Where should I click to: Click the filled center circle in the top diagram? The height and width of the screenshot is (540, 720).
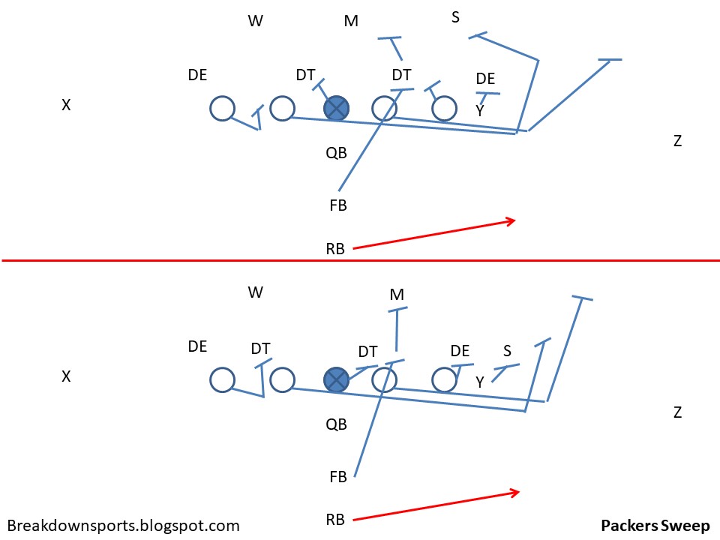tap(337, 108)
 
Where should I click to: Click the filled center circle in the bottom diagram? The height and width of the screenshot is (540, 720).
tap(337, 379)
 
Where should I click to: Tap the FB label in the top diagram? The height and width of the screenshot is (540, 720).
tap(338, 205)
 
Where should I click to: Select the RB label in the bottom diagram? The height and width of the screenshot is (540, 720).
tap(335, 519)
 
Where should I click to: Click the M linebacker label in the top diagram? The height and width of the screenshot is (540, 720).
tap(351, 21)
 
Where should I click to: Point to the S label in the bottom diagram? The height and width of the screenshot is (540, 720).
tap(507, 350)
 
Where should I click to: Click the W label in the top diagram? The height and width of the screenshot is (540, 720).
tap(256, 21)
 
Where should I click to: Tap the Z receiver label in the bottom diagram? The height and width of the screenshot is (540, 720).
tap(677, 412)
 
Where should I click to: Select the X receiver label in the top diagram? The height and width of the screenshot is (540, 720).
tap(66, 106)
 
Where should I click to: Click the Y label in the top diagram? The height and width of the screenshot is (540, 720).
tap(480, 110)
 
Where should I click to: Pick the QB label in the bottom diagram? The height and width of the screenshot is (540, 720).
tap(336, 424)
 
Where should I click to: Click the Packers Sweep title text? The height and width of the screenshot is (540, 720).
tap(655, 525)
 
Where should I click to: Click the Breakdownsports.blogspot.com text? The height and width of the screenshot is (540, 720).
tap(123, 526)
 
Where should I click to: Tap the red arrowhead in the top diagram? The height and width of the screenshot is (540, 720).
tap(512, 220)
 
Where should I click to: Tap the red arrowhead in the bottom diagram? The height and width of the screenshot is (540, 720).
tap(515, 492)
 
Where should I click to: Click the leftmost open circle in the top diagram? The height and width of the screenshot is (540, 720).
tap(222, 108)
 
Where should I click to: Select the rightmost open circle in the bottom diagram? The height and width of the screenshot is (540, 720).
tap(444, 379)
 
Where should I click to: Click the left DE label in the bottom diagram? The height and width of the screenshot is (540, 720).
tap(198, 346)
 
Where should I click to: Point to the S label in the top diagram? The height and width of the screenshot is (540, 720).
tap(455, 16)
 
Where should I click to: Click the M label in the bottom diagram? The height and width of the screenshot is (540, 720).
tap(397, 295)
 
